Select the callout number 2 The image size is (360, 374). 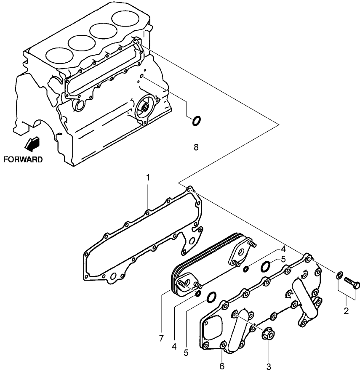[346, 311]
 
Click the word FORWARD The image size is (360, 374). [23, 159]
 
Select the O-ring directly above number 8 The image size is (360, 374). [196, 121]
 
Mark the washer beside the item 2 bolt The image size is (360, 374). [339, 276]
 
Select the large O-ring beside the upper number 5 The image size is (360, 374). [266, 266]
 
